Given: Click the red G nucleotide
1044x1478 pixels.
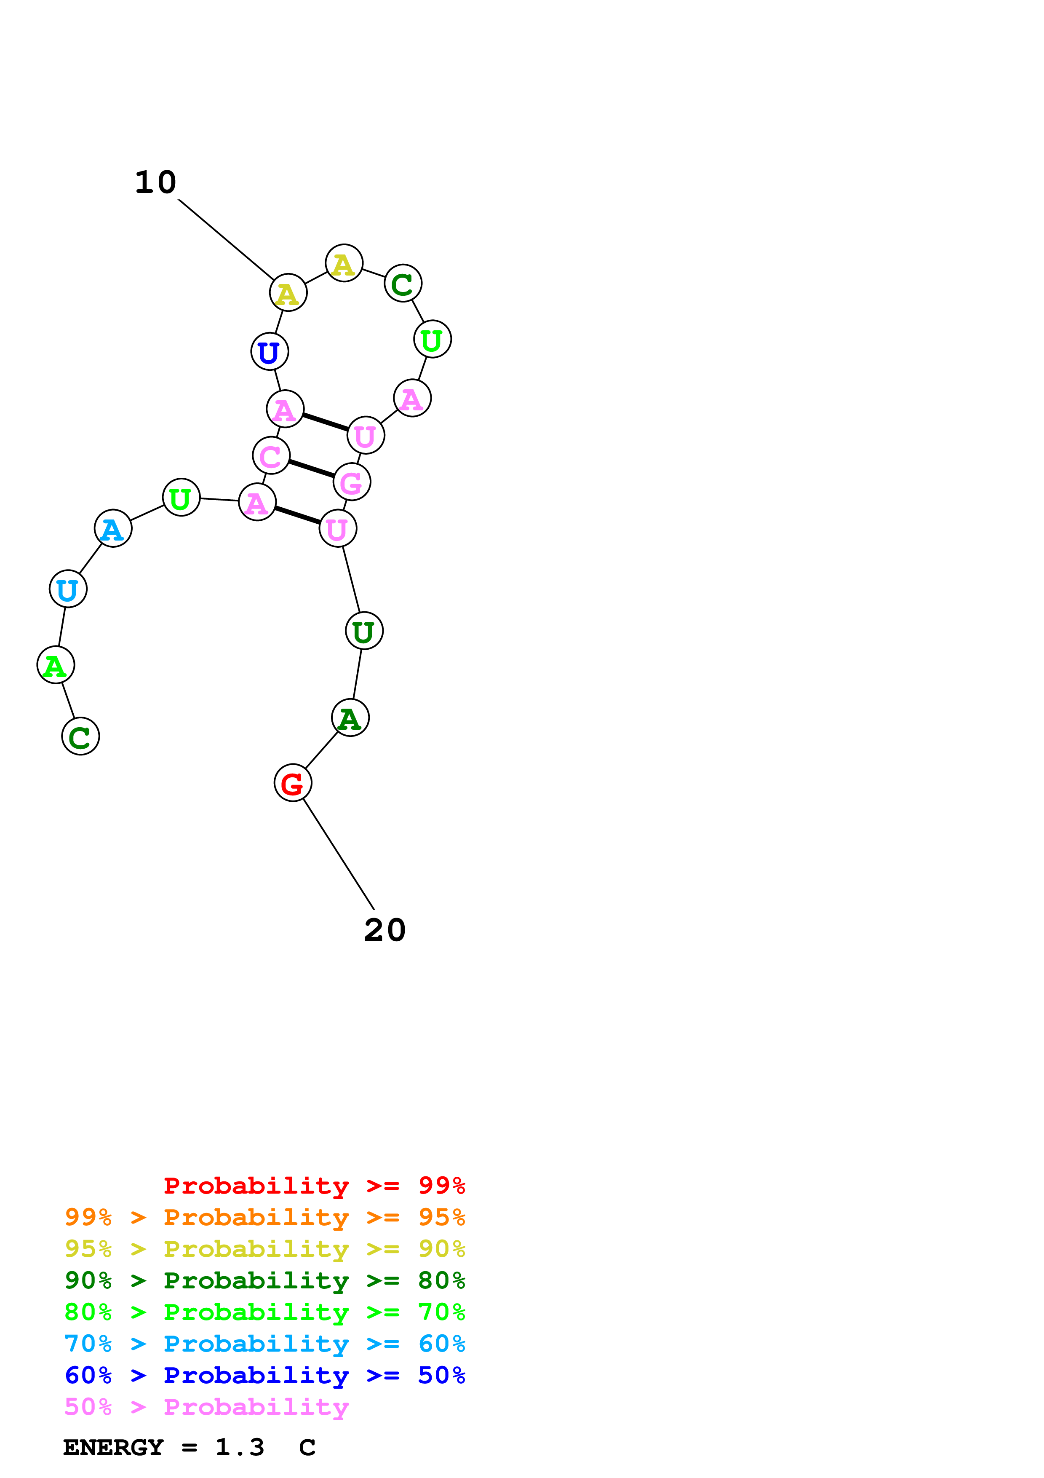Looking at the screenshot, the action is pos(293,783).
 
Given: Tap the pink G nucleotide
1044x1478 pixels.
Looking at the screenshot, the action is pos(352,482).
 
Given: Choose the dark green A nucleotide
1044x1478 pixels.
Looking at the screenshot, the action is pos(350,718).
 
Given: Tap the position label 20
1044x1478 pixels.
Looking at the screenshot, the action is pos(384,930).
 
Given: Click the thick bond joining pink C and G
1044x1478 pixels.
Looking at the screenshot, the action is pos(311,469).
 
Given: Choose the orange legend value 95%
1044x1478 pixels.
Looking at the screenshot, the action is pos(441,1217).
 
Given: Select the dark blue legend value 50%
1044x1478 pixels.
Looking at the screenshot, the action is pos(441,1376).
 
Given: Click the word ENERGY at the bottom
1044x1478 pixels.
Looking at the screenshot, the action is pos(113,1448).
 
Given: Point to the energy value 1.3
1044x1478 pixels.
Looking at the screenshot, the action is pos(239,1448).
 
